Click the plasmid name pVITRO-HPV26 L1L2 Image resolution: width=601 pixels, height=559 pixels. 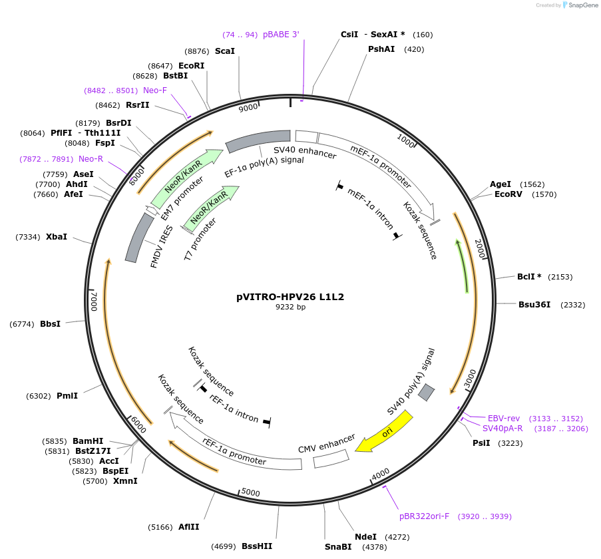click(291, 297)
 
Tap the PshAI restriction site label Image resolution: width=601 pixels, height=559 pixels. click(381, 49)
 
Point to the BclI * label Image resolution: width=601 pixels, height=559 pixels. click(529, 276)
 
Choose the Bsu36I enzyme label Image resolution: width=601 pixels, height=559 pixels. click(534, 305)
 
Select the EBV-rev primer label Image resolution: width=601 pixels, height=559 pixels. click(504, 418)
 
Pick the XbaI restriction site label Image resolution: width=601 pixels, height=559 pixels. click(57, 237)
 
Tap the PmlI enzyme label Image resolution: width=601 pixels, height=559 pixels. click(67, 396)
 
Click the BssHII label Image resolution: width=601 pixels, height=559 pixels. click(257, 546)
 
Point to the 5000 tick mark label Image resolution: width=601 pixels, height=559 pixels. click(250, 492)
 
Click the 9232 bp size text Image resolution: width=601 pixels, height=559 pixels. click(291, 307)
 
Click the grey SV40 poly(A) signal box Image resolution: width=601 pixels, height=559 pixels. click(426, 393)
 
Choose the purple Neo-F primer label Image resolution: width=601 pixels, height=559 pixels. click(155, 91)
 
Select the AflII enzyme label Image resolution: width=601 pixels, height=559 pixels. click(188, 526)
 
